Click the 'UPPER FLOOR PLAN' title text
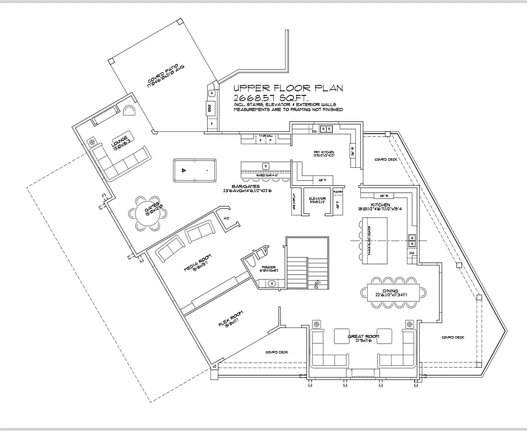287,88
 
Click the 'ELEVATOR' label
317,199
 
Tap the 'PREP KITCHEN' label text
324,153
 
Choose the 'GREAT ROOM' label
363,337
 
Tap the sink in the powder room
272,283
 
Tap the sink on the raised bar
265,166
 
